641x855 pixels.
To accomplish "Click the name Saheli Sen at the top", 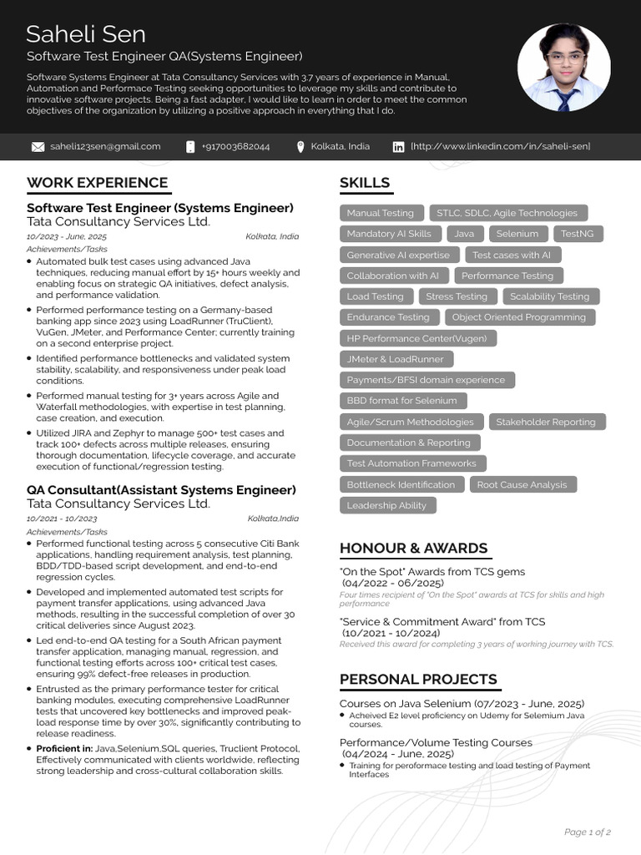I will [x=86, y=34].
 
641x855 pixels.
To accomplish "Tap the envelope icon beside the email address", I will [x=38, y=147].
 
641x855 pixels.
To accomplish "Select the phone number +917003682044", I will [x=236, y=147].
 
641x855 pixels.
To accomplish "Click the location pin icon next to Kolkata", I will [x=300, y=147].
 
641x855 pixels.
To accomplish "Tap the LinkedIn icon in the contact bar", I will [x=398, y=147].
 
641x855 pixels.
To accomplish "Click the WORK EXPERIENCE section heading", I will [x=97, y=183].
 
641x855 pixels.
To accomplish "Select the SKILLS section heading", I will [x=365, y=183].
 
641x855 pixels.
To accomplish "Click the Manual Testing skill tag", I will [x=380, y=213].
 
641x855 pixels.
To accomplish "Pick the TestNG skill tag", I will [x=577, y=234].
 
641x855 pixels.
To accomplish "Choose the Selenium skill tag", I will [x=517, y=234].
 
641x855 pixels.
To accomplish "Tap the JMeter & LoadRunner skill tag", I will [x=396, y=359].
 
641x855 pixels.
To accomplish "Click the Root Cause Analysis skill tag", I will [x=522, y=484].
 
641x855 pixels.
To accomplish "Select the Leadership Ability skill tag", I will [x=386, y=505].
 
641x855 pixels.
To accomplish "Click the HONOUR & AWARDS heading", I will [x=413, y=549].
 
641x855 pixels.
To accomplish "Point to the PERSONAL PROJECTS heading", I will [x=418, y=680].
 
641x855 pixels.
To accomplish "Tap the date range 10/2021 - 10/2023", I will [x=62, y=519].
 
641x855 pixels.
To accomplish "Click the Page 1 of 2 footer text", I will [x=588, y=832].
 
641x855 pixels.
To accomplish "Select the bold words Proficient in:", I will [x=64, y=749].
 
